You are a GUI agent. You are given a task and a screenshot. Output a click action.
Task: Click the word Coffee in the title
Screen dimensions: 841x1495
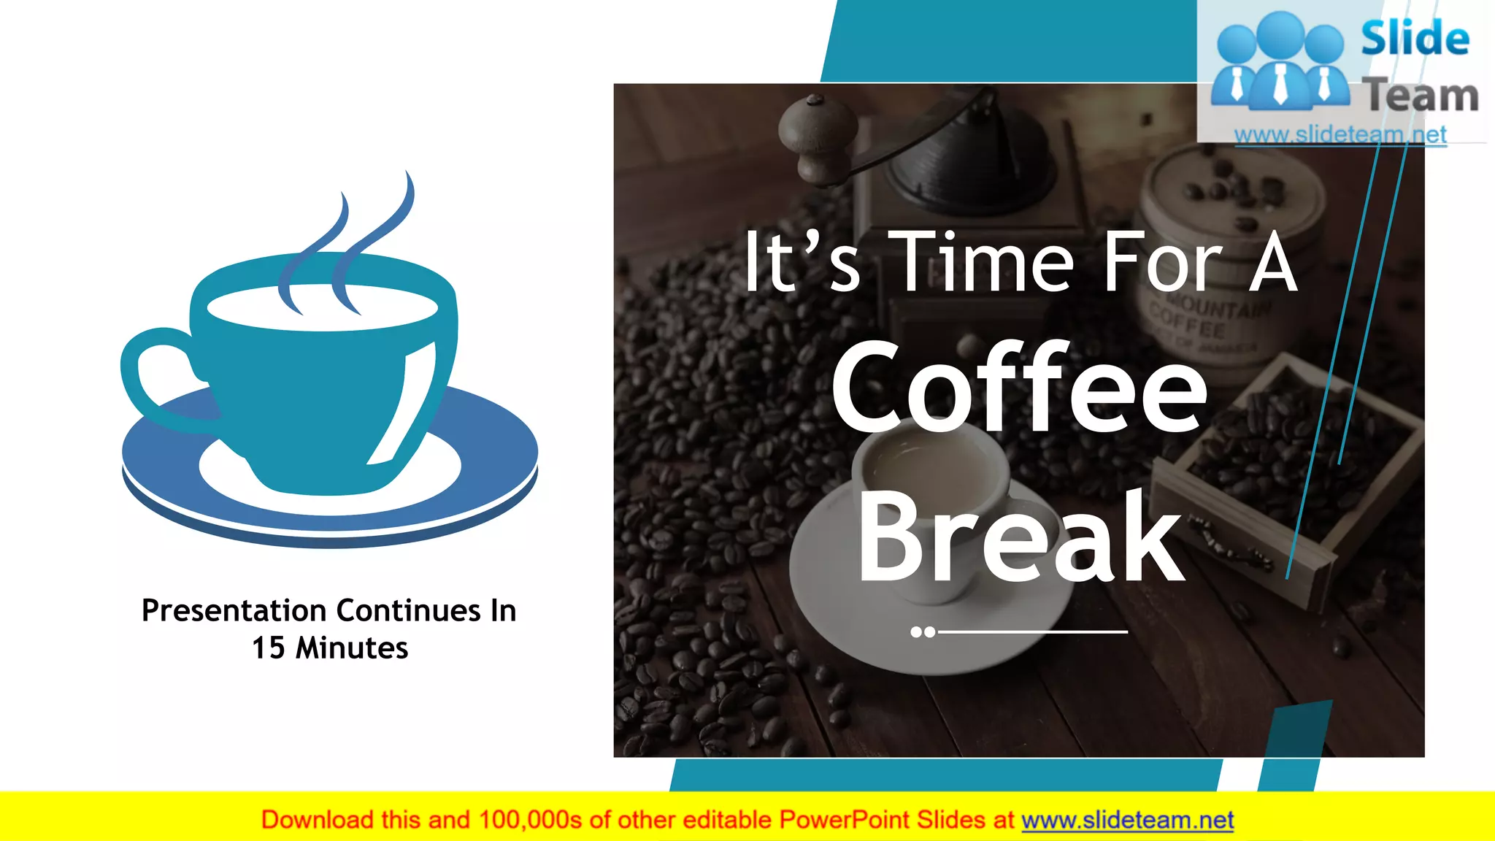click(1019, 387)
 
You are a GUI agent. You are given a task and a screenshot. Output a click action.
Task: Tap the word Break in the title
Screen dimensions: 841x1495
click(1019, 537)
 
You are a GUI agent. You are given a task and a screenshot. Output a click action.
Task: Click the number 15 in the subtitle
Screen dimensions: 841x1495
click(268, 648)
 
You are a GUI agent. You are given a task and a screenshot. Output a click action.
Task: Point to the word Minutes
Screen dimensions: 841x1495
click(352, 648)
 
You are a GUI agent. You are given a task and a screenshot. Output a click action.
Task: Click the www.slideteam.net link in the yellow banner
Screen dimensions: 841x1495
click(1127, 821)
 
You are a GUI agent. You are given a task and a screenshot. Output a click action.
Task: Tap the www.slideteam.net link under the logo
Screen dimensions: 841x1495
click(1340, 134)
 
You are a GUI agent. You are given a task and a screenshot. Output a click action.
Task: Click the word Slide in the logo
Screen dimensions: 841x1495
click(1415, 38)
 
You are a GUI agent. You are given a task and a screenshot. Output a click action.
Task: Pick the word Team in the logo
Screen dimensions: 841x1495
click(1421, 95)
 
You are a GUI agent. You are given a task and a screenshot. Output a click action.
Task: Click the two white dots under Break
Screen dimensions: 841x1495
click(923, 631)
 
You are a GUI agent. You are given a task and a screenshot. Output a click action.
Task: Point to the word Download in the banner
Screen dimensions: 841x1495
click(317, 821)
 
